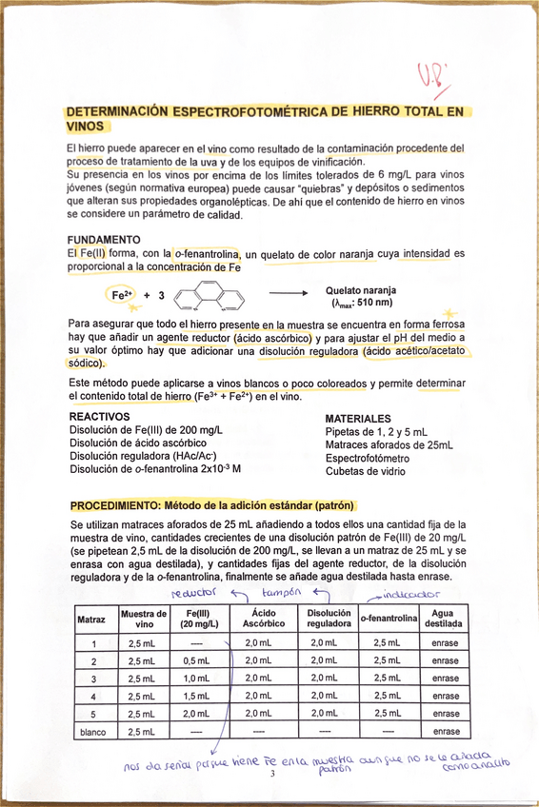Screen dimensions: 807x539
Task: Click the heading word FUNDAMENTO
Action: pyautogui.click(x=104, y=239)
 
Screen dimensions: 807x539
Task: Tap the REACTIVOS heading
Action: pyautogui.click(x=100, y=418)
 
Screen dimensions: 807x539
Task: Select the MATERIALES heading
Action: pyautogui.click(x=358, y=419)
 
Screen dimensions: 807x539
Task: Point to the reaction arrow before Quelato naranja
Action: pyautogui.click(x=288, y=296)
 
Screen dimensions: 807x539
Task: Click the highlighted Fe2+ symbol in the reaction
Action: pyautogui.click(x=125, y=296)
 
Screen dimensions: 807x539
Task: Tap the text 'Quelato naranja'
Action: pyautogui.click(x=361, y=290)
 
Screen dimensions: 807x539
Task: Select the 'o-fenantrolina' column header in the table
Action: pyautogui.click(x=389, y=620)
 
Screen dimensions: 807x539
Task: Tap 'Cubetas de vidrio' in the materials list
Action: pyautogui.click(x=367, y=470)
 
